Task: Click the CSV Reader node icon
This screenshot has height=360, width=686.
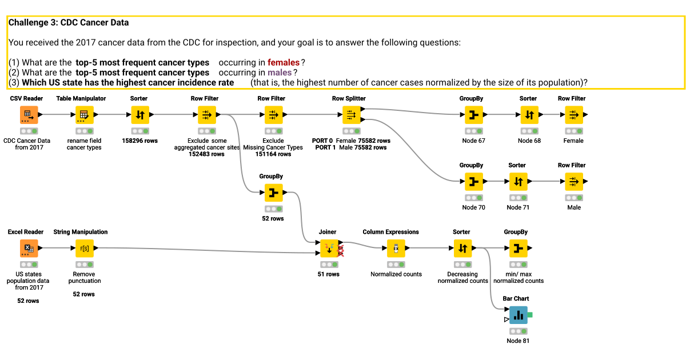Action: click(28, 115)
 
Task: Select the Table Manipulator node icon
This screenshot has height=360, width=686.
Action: click(83, 115)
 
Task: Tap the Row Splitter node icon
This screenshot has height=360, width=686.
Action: click(351, 115)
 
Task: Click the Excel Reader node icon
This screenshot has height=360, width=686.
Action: click(28, 249)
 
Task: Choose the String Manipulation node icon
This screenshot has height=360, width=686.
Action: click(83, 249)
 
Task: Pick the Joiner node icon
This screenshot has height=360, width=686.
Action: click(328, 249)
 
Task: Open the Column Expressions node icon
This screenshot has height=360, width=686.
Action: click(396, 249)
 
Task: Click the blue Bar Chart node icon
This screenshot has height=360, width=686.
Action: click(518, 315)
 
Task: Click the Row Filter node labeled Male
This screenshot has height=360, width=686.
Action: click(573, 182)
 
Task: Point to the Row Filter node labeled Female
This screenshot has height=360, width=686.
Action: click(573, 115)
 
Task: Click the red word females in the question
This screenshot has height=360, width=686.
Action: click(283, 62)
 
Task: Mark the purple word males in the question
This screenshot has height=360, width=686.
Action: click(280, 73)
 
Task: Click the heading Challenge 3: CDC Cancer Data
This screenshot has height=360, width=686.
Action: click(69, 23)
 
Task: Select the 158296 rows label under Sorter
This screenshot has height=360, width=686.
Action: click(139, 141)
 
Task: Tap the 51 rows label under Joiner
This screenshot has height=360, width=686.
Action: click(328, 274)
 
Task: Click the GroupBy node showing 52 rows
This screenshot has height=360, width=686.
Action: click(273, 194)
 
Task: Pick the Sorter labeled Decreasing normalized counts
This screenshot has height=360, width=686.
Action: click(462, 249)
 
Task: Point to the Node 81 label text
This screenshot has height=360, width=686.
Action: click(518, 341)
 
